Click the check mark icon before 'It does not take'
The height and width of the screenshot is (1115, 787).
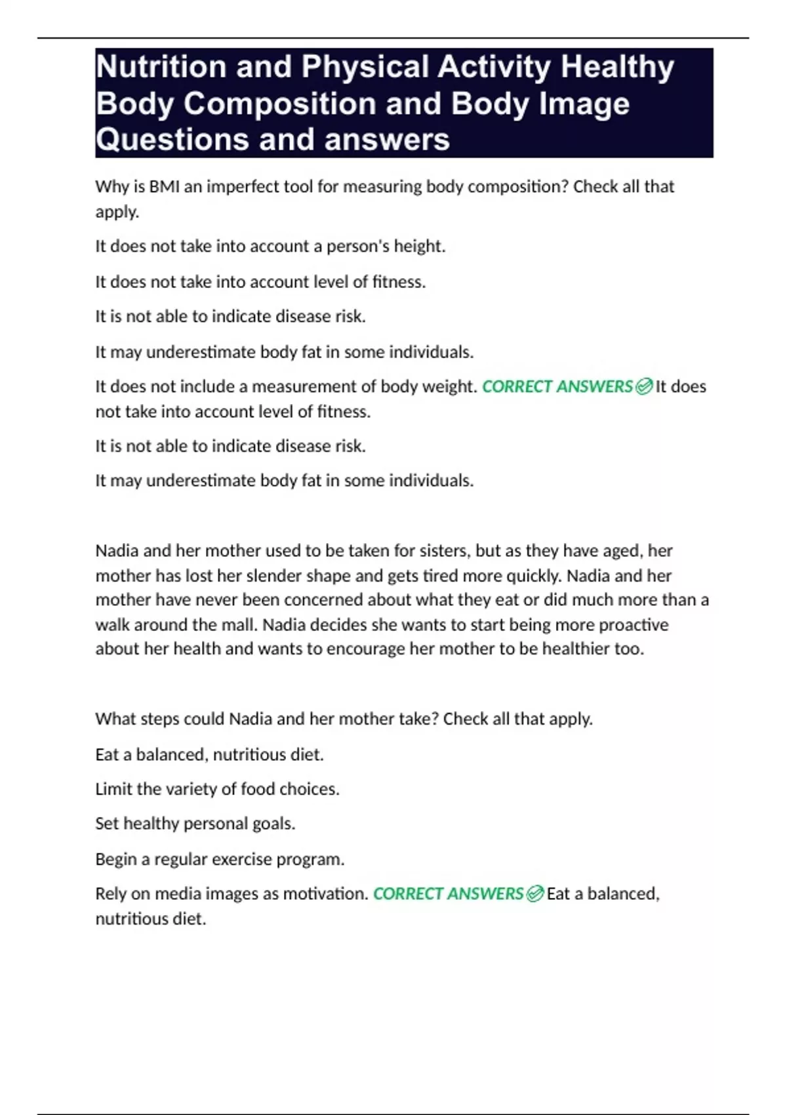644,386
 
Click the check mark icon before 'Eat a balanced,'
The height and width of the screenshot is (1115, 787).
535,894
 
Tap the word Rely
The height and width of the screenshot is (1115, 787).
111,894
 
